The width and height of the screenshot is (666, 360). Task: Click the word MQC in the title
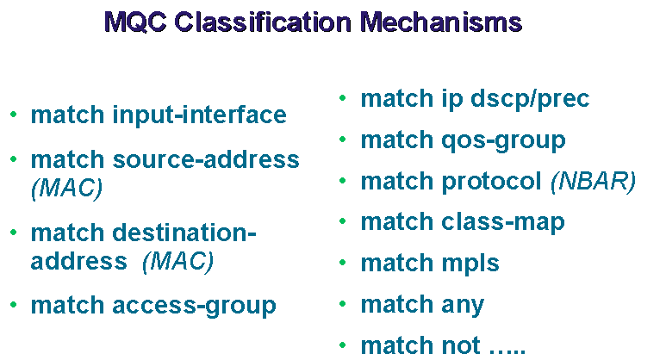(x=135, y=22)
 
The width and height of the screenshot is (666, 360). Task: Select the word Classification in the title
(x=263, y=22)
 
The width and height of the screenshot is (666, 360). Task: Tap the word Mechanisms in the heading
(x=441, y=22)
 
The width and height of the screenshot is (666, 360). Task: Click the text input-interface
(x=199, y=115)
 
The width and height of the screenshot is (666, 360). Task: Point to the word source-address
(x=206, y=159)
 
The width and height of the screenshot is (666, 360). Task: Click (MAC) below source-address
(x=66, y=188)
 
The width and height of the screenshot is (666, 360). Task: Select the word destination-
(x=184, y=233)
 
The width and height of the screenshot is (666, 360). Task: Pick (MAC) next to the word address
(x=178, y=261)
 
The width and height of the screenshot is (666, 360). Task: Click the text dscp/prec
(x=530, y=99)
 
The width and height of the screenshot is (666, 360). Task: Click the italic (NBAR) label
(x=593, y=182)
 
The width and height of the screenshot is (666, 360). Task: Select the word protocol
(x=491, y=182)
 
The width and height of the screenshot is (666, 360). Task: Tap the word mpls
(x=470, y=264)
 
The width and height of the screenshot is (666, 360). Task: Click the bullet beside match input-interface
(x=14, y=114)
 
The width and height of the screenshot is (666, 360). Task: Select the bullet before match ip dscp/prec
(x=343, y=98)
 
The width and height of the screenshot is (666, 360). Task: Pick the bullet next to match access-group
(x=14, y=304)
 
